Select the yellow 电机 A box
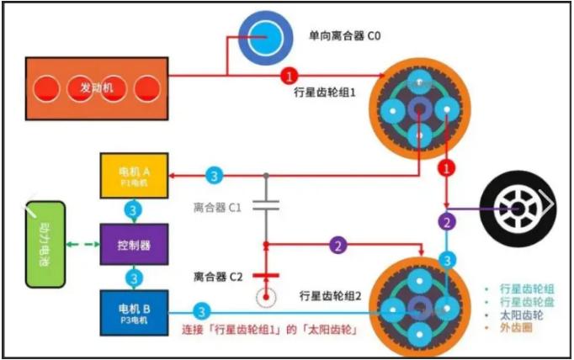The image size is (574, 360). click(135, 176)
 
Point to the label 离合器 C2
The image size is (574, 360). click(218, 276)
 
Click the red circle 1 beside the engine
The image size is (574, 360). click(290, 75)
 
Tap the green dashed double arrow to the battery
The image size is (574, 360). click(82, 245)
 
